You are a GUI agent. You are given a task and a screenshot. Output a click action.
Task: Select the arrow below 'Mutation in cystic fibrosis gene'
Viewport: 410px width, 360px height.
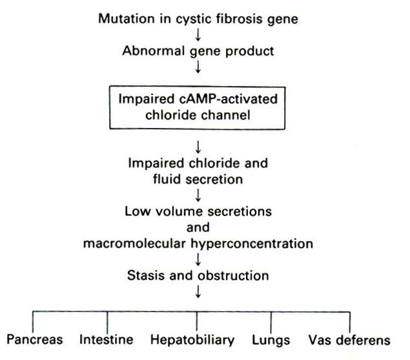tap(198, 35)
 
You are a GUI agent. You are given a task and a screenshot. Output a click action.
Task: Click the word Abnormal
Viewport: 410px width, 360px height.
tap(154, 51)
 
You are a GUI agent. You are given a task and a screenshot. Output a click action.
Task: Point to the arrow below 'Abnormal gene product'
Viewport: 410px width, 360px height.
tap(198, 67)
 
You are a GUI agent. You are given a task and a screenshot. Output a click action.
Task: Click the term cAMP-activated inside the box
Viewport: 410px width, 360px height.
tap(229, 99)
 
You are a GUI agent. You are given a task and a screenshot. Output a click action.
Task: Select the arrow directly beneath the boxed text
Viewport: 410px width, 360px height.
tap(198, 147)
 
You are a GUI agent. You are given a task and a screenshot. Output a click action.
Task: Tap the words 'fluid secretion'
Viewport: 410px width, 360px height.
tap(198, 179)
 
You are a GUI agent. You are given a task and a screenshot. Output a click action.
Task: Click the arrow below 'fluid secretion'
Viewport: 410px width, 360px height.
tap(198, 195)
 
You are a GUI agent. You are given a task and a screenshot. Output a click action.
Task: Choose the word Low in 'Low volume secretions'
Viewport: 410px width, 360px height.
tap(138, 211)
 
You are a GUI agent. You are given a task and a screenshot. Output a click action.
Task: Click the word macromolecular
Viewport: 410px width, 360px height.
tap(134, 244)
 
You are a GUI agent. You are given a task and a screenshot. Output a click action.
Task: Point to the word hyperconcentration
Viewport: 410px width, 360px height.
tap(252, 244)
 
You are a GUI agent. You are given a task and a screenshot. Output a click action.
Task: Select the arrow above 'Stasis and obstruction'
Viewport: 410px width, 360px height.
tap(198, 259)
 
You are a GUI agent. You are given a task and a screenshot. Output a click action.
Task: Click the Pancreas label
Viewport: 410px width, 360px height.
tap(35, 339)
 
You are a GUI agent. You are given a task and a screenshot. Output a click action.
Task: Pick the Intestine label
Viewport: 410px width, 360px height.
tap(107, 339)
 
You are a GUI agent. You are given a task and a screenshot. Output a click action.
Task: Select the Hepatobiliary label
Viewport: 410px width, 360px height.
tap(192, 340)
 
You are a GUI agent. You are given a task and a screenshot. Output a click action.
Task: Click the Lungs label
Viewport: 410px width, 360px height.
tap(271, 341)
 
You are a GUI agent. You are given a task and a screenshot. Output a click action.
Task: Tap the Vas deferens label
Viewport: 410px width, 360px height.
tap(349, 340)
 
